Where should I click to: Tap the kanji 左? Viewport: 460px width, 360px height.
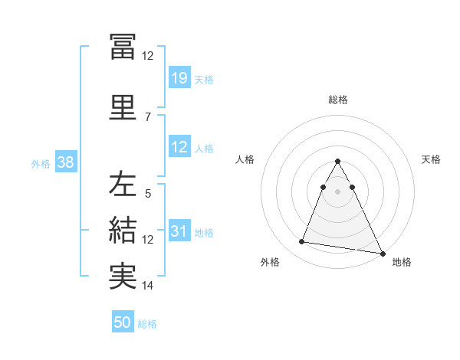pyautogui.click(x=123, y=185)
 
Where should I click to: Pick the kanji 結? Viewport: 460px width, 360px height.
pyautogui.click(x=123, y=230)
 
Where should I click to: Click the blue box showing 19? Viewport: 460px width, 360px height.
pyautogui.click(x=179, y=78)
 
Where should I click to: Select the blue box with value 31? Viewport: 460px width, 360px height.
pyautogui.click(x=179, y=232)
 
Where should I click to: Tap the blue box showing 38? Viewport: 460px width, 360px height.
pyautogui.click(x=65, y=162)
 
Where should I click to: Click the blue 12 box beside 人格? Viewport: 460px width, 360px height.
pyautogui.click(x=179, y=148)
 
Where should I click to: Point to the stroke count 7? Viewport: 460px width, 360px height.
pyautogui.click(x=147, y=116)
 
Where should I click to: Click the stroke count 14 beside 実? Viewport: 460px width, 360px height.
pyautogui.click(x=147, y=286)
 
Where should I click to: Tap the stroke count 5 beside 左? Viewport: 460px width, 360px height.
pyautogui.click(x=147, y=194)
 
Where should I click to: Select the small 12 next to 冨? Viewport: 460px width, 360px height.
pyautogui.click(x=147, y=56)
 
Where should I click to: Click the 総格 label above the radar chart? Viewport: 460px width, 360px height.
pyautogui.click(x=337, y=100)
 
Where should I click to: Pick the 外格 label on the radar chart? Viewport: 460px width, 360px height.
pyautogui.click(x=269, y=262)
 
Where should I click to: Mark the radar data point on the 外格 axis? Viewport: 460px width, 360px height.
pyautogui.click(x=302, y=242)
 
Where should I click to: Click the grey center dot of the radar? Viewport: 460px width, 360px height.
pyautogui.click(x=337, y=191)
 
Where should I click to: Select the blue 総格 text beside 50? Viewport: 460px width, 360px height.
pyautogui.click(x=147, y=324)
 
